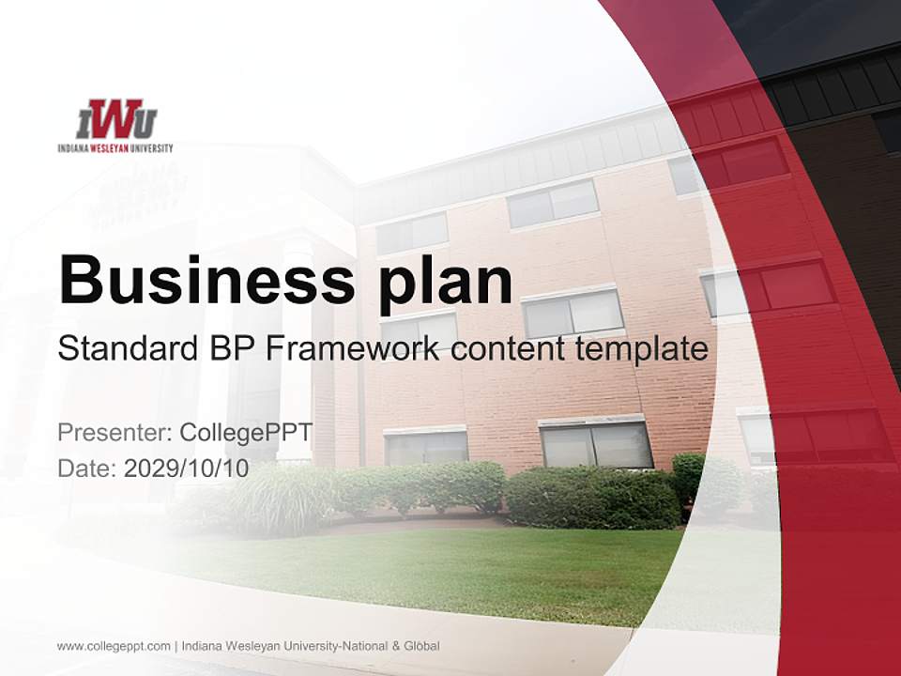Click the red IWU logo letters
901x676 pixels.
(x=115, y=119)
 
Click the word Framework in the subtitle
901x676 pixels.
(x=353, y=349)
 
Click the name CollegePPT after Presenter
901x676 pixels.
(x=245, y=433)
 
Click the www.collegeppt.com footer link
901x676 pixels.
(x=114, y=646)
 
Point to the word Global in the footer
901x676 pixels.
(x=421, y=646)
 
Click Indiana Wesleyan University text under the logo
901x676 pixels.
(x=115, y=147)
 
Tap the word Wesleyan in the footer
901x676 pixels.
(x=247, y=646)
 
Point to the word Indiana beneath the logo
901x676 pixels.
(x=71, y=147)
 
